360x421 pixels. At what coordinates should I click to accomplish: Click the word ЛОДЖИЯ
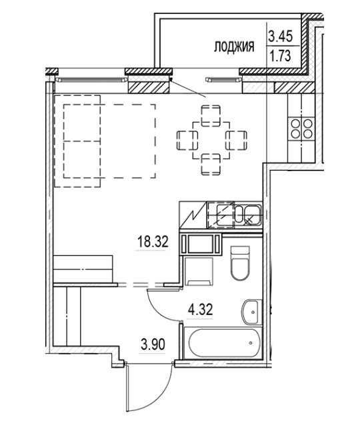(x=235, y=47)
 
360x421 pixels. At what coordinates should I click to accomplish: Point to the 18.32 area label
(x=150, y=243)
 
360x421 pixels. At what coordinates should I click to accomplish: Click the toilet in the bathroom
(x=238, y=264)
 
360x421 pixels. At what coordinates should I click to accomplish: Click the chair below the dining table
(x=210, y=164)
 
